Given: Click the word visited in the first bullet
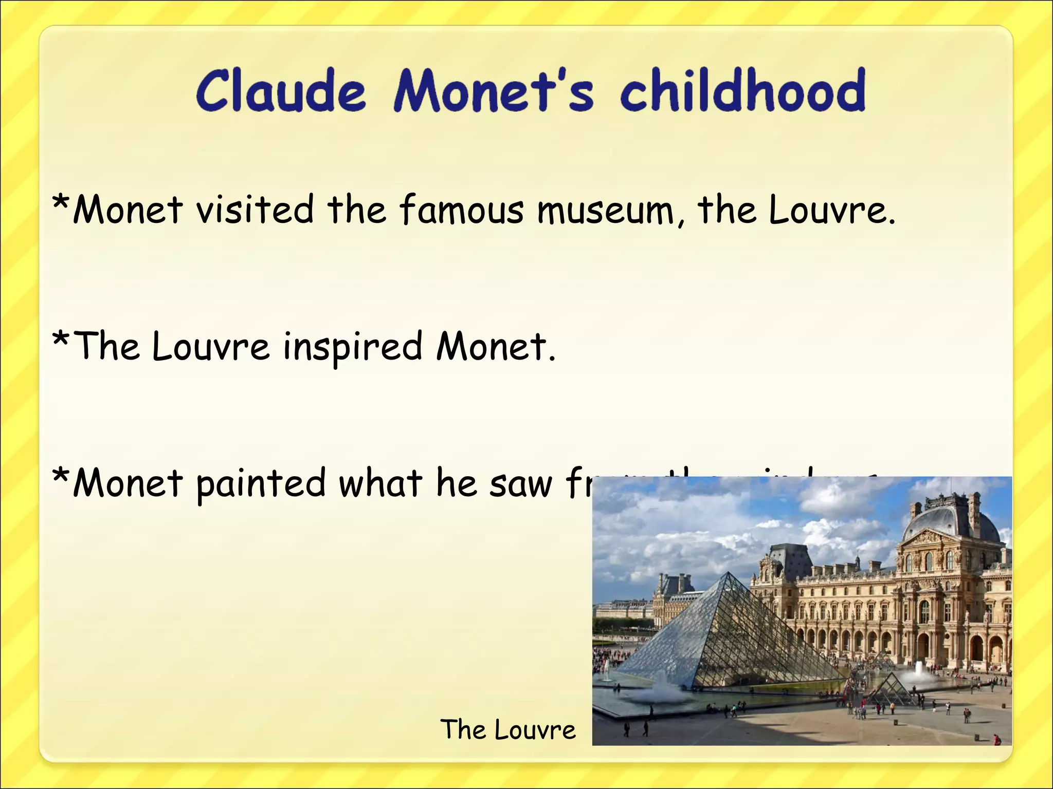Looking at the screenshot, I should tap(255, 210).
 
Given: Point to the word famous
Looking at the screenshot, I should tap(461, 210).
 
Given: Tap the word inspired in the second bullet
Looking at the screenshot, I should tap(353, 347).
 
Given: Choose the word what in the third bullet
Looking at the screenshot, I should tap(380, 483).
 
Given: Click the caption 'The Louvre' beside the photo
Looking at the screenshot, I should tap(508, 729).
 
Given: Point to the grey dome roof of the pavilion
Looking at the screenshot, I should tap(951, 519).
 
